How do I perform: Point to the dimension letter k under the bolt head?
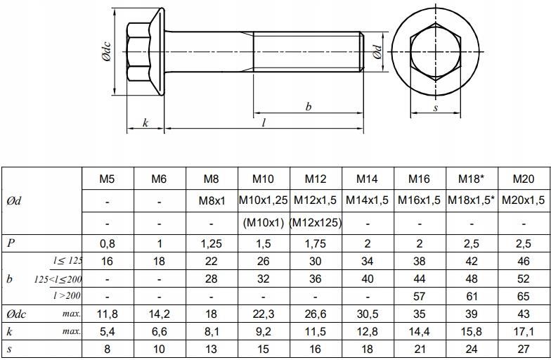pos(145,122)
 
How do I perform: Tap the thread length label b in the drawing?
pos(308,107)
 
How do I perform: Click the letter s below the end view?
pos(435,108)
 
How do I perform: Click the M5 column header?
pos(108,179)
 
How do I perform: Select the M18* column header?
pos(472,179)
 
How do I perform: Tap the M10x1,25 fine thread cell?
pos(264,200)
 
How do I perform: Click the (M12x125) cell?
pos(316,223)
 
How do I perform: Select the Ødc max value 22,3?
pos(264,313)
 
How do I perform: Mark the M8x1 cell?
pos(212,200)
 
